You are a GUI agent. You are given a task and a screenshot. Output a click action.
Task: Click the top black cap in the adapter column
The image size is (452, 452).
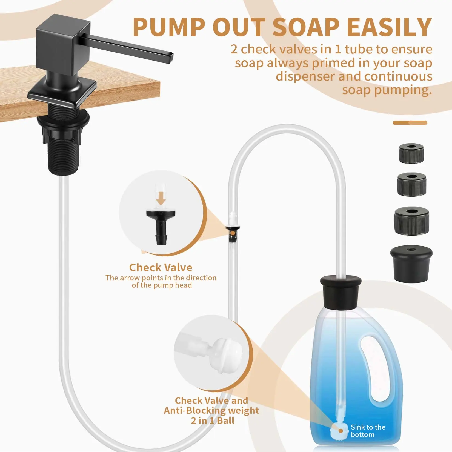(411, 154)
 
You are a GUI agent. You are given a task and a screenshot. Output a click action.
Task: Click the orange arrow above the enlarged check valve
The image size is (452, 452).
(161, 198)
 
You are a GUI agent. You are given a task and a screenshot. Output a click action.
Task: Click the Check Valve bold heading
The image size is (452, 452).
(161, 267)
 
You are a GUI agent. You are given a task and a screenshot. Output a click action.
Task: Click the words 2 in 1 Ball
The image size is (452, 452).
(213, 420)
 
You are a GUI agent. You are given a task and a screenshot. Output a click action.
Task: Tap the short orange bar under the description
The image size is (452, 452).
(410, 123)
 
